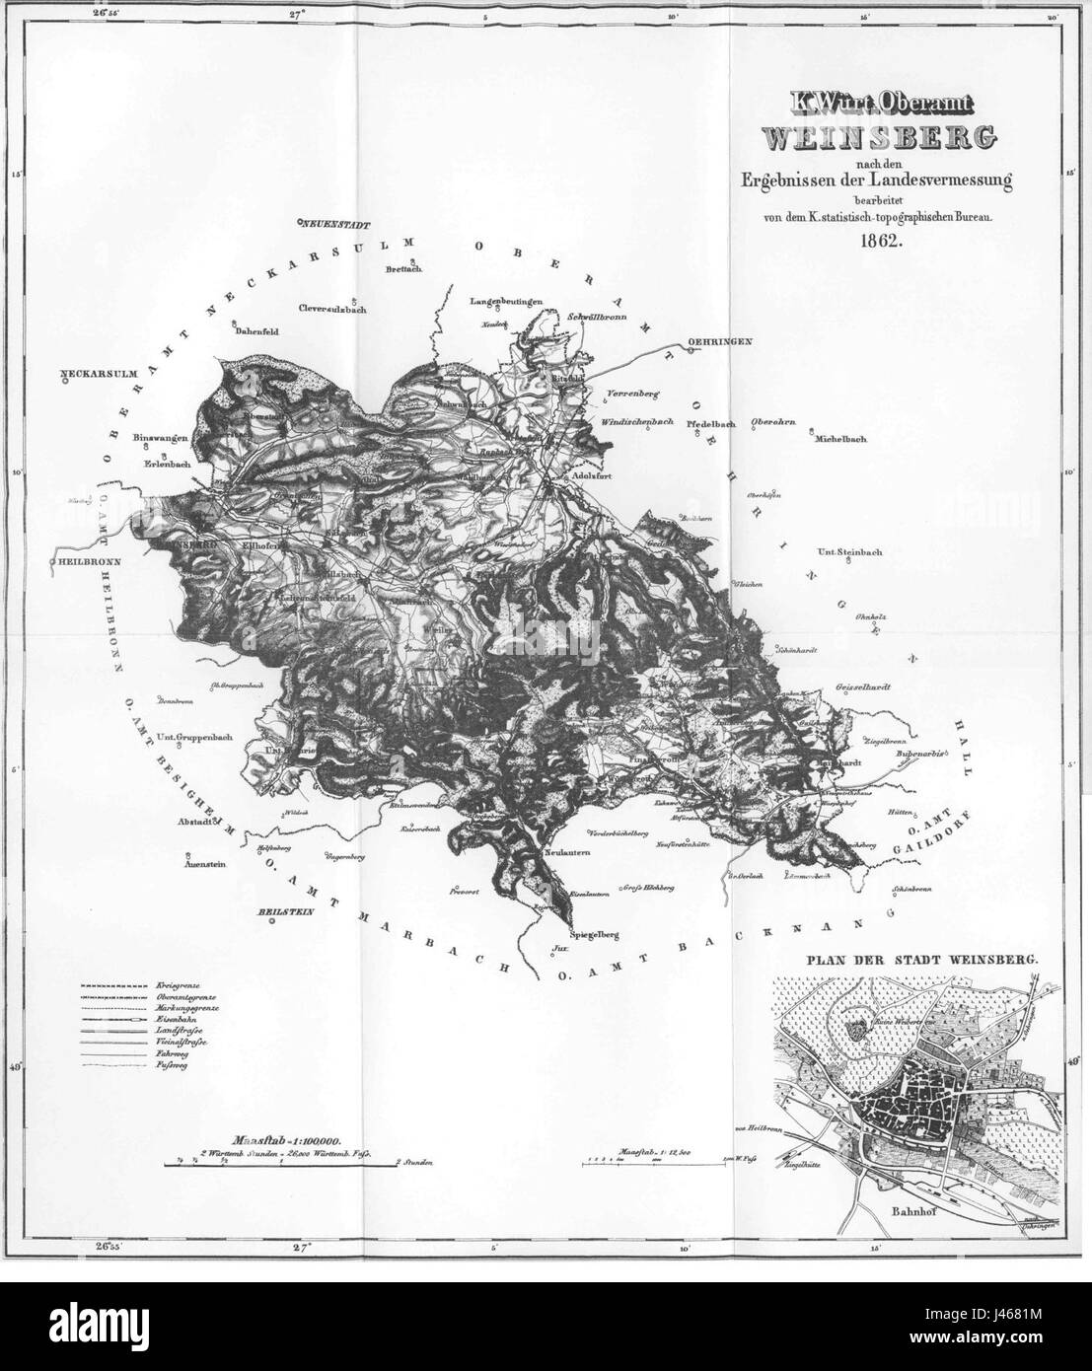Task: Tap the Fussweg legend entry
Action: coord(172,1067)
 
